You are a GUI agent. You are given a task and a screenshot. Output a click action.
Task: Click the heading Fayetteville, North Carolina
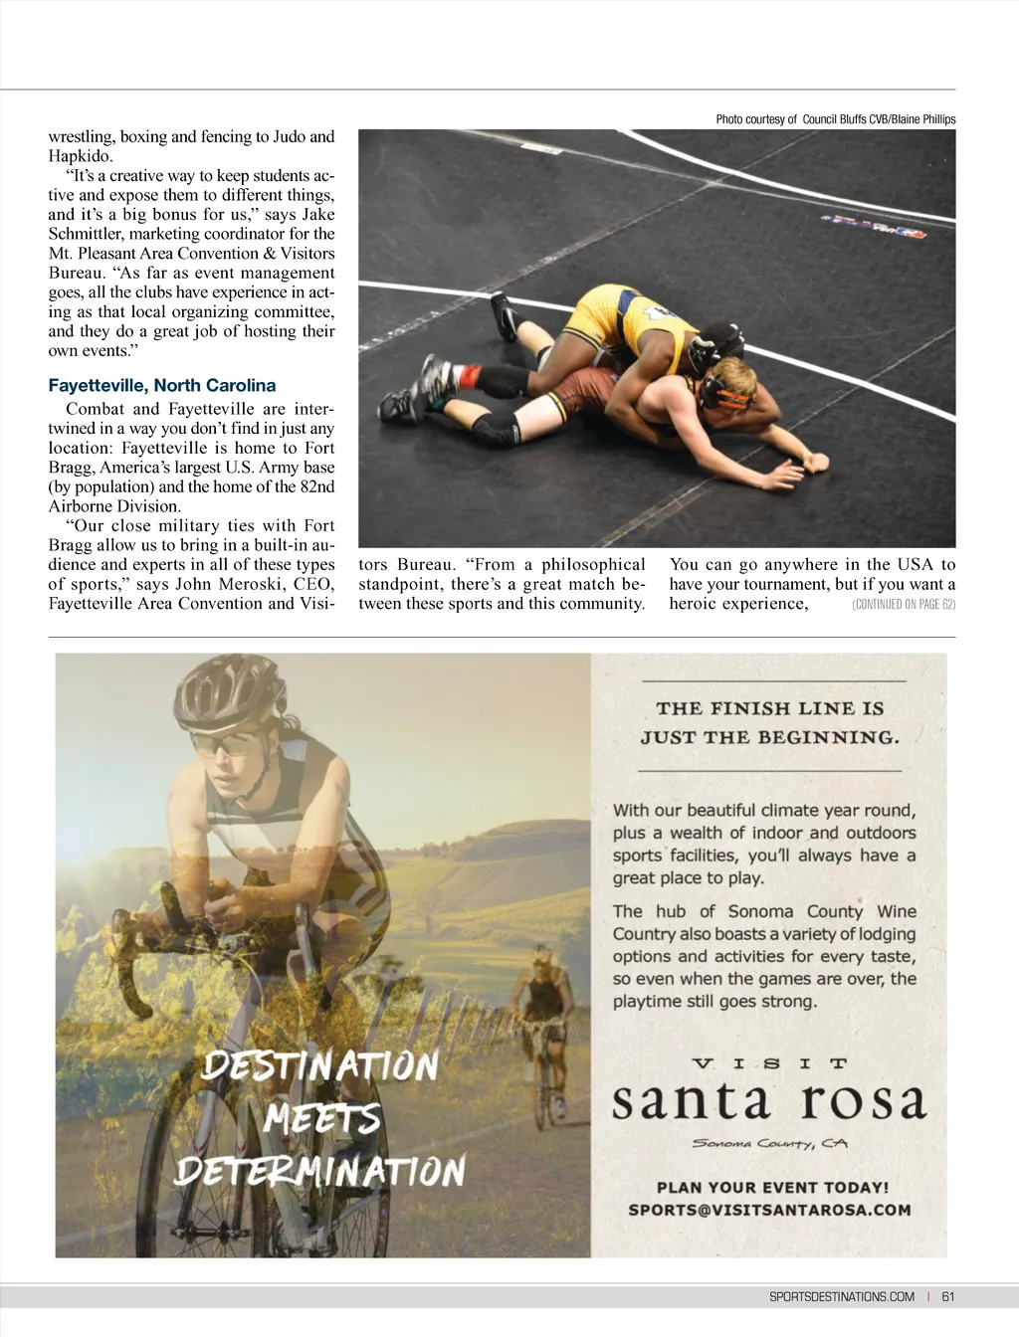click(162, 386)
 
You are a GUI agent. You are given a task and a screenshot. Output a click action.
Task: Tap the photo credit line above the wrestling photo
click(835, 119)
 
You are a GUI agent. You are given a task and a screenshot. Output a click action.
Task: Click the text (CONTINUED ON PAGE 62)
click(904, 605)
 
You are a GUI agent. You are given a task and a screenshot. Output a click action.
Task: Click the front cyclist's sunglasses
click(231, 743)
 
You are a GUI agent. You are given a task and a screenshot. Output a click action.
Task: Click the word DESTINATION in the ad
click(319, 1067)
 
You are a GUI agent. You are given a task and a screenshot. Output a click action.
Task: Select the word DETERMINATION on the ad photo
click(319, 1171)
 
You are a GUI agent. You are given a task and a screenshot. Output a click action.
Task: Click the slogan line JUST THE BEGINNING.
click(769, 738)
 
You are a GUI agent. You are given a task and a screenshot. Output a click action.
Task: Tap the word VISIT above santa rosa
click(769, 1063)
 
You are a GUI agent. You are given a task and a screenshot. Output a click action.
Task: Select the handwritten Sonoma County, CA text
click(769, 1144)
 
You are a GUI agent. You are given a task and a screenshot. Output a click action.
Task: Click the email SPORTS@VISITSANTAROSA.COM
click(769, 1211)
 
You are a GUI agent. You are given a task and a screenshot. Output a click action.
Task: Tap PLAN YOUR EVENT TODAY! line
click(772, 1187)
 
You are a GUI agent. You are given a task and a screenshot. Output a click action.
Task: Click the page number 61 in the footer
click(947, 1296)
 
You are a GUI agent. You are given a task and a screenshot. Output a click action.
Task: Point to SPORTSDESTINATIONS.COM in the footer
click(842, 1296)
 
